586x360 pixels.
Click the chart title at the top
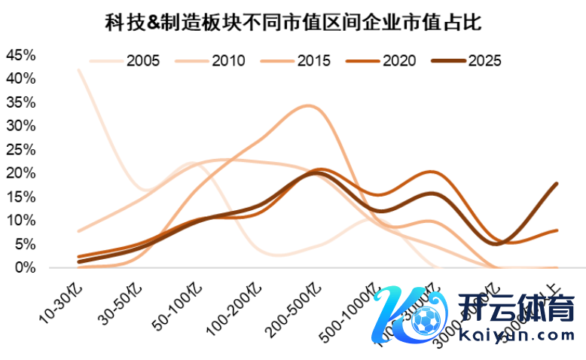(x=293, y=23)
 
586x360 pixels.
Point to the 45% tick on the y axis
(x=20, y=55)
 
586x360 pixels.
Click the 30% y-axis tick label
(x=20, y=126)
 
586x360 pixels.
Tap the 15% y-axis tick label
(x=20, y=197)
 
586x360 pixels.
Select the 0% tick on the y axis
(x=24, y=267)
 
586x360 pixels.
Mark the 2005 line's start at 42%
(x=79, y=69)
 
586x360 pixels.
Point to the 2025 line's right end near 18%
(x=556, y=183)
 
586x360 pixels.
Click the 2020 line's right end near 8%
(x=556, y=230)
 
